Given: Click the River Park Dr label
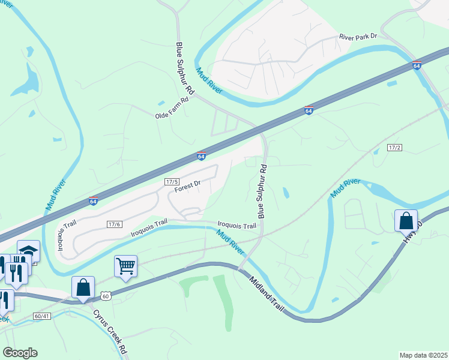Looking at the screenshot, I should [358, 37].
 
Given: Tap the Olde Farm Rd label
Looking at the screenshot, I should [172, 115].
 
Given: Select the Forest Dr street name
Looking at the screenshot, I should [187, 188].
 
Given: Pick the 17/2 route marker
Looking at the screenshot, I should [394, 147].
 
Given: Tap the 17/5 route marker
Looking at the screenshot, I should [172, 181].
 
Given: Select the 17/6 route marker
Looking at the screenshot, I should [114, 224].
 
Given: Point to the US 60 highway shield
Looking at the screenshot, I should [106, 296].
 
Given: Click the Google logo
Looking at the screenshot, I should [20, 353].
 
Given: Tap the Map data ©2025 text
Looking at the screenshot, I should [423, 355].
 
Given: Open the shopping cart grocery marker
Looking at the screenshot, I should [125, 266].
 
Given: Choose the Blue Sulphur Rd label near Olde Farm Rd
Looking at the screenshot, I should [185, 67].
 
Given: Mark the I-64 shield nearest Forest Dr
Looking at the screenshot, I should [202, 156].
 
